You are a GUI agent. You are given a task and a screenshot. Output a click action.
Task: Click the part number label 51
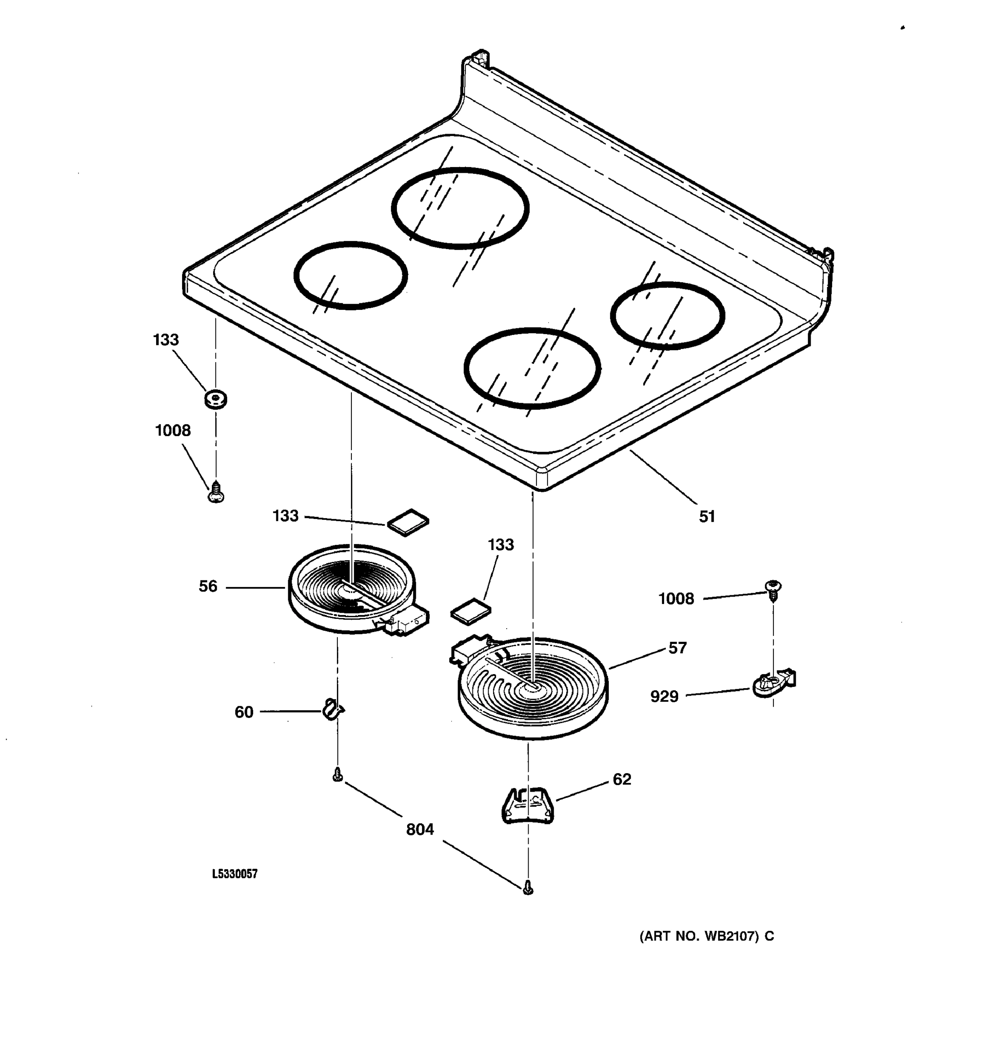pos(706,516)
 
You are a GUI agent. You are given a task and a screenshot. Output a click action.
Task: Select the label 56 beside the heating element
pos(207,586)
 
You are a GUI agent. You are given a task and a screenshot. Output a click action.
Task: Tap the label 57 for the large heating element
pos(677,648)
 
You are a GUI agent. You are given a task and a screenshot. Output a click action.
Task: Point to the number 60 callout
pos(243,712)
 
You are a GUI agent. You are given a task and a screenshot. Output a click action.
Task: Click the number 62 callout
pos(622,779)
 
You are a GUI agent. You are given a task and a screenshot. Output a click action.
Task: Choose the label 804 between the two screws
pos(419,830)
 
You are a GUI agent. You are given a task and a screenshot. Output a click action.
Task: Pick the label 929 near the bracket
pos(664,697)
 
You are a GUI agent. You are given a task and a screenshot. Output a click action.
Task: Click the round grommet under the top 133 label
pos(215,399)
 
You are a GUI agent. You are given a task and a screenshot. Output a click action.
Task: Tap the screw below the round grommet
pos(215,493)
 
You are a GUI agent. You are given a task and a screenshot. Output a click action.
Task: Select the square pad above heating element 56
pos(408,522)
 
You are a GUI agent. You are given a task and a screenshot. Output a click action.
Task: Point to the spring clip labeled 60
pos(333,710)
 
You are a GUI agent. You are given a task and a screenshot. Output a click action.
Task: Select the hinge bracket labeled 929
pos(773,684)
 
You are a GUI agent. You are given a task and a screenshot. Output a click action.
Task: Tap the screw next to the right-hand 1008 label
pos(773,589)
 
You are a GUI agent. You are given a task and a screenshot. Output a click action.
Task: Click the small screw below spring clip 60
pos(337,776)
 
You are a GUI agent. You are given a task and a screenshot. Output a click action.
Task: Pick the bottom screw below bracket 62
pos(527,888)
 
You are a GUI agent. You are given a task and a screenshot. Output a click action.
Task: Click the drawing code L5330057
pos(235,874)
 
